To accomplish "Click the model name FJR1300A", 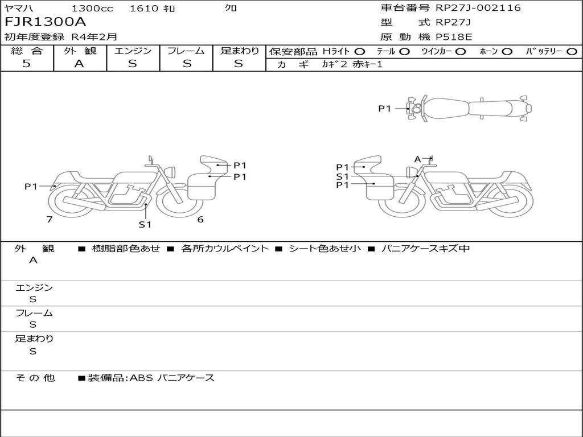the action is (46, 22).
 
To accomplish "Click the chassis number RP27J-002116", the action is (478, 7).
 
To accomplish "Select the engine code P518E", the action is (454, 37).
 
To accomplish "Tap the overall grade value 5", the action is (26, 64).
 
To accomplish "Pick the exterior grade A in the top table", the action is (79, 64).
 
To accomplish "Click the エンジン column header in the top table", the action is (133, 51).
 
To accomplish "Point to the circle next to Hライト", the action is (360, 52).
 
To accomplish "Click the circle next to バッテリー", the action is (572, 52).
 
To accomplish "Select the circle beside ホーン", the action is (507, 52).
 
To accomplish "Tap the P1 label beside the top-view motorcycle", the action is (385, 109).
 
